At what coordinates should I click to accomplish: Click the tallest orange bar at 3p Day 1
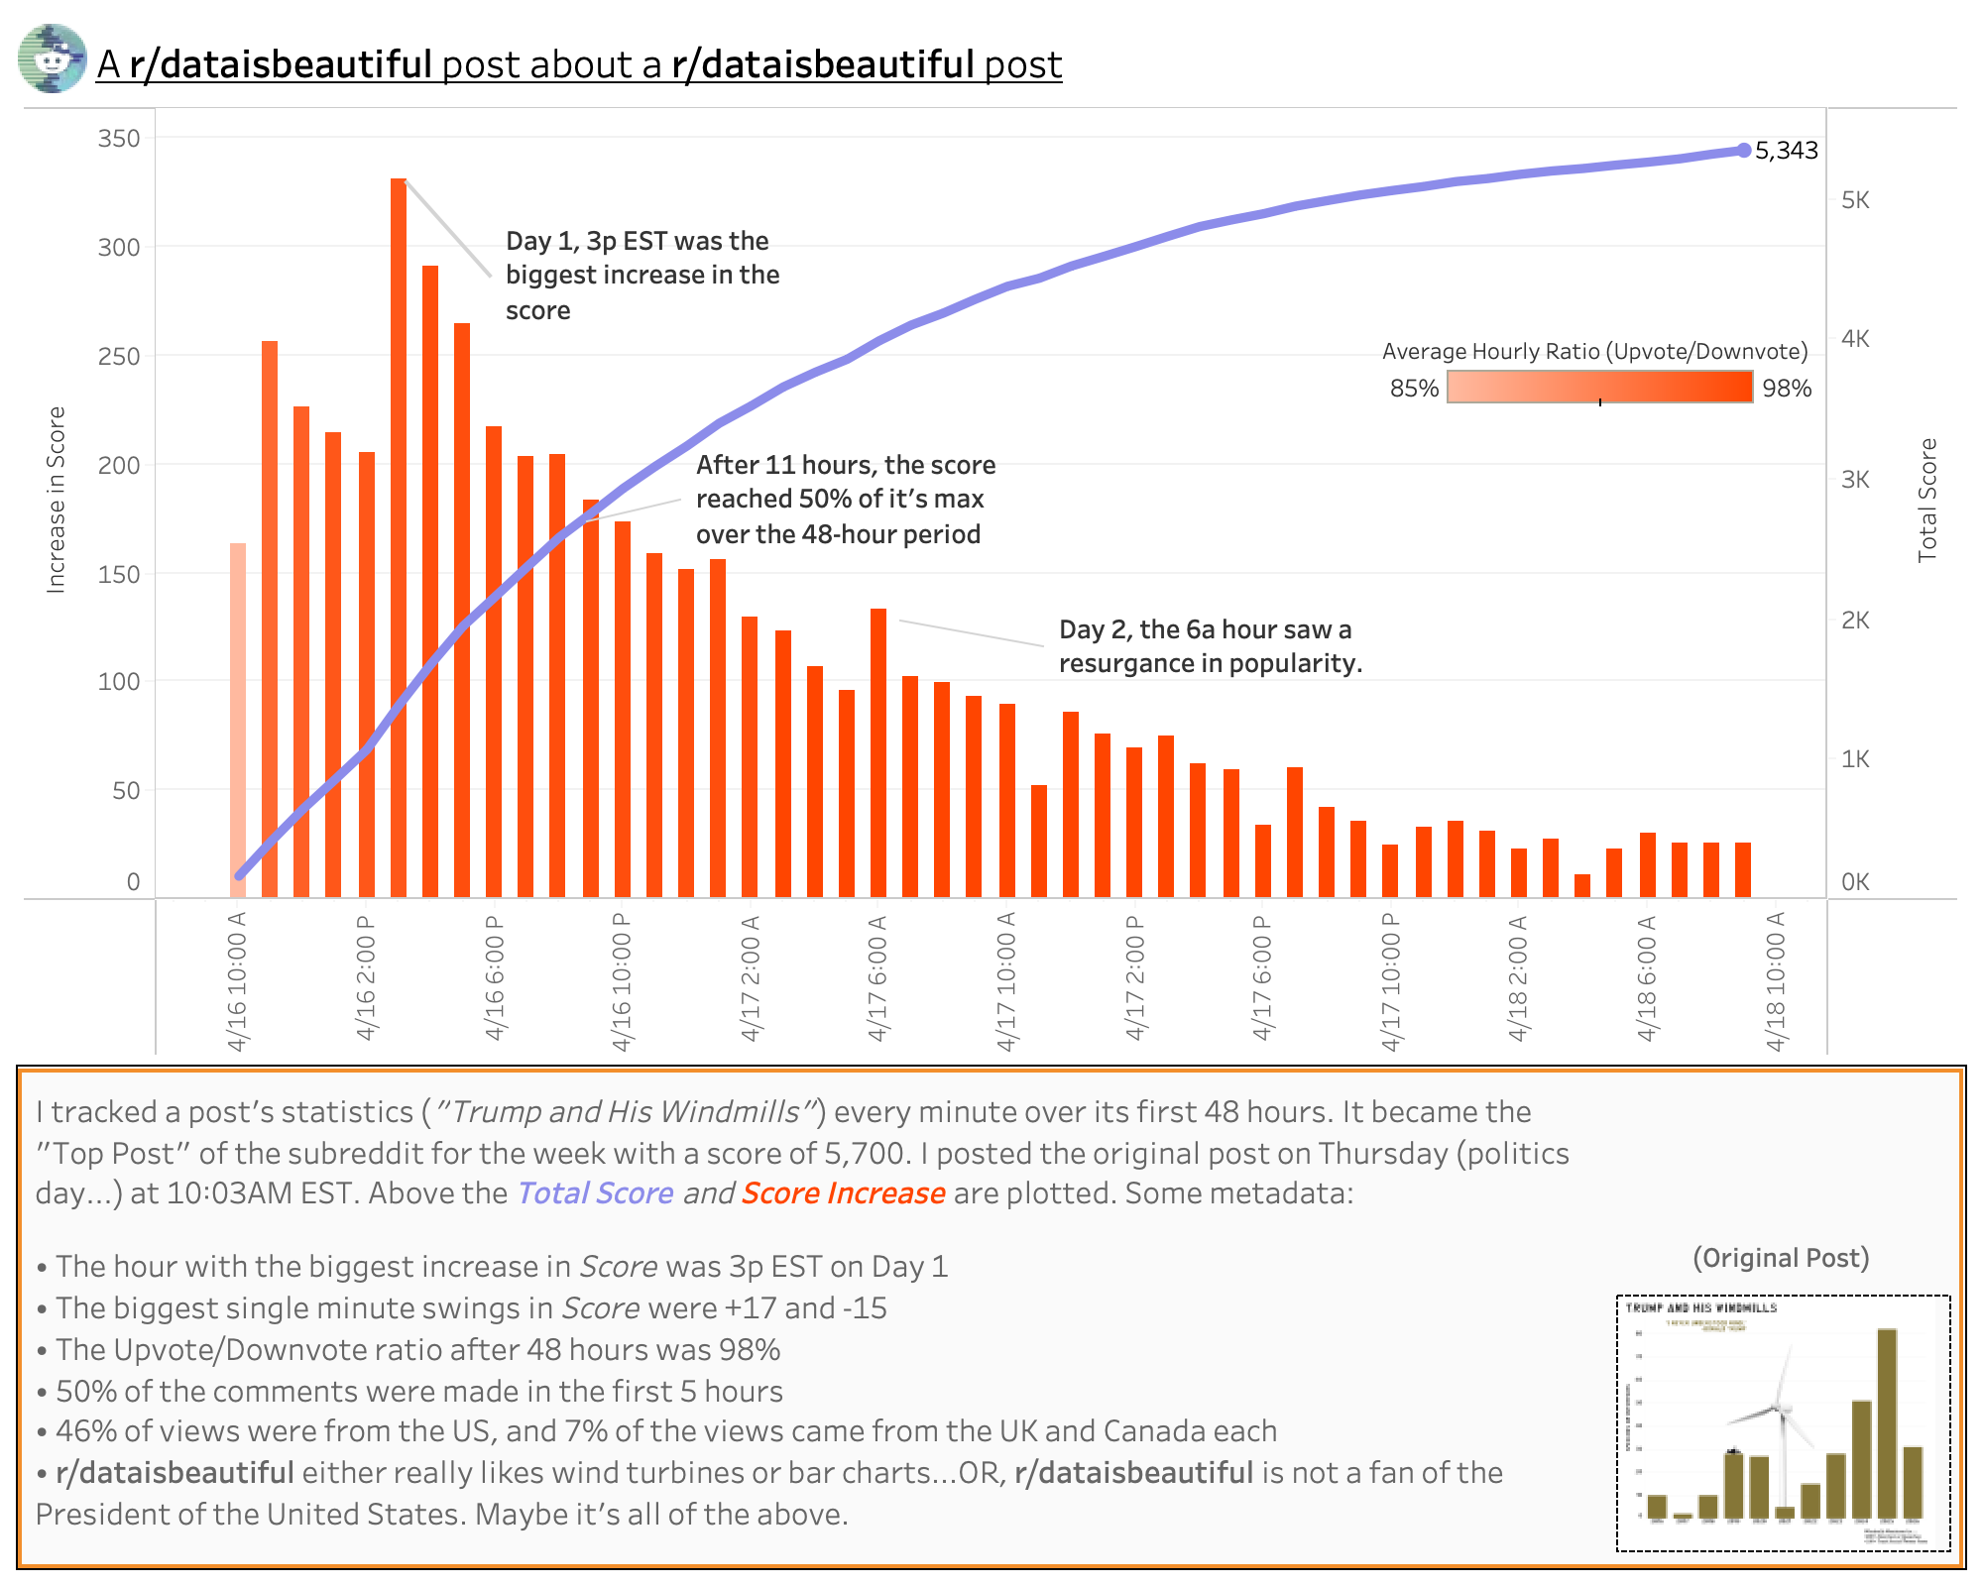tap(399, 535)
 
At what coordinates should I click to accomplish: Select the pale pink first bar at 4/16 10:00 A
tap(238, 719)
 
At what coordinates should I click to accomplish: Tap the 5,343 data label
tap(1786, 151)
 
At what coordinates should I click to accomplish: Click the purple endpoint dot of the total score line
tap(1744, 151)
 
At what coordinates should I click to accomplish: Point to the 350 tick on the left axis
tap(119, 139)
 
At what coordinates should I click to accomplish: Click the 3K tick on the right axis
tap(1855, 480)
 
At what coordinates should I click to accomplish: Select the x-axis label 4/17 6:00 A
tap(877, 977)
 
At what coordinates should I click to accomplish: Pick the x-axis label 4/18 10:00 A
tap(1776, 981)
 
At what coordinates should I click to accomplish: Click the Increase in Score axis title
tap(57, 500)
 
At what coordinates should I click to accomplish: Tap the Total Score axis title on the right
tap(1927, 500)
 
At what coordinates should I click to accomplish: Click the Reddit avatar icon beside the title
tap(53, 59)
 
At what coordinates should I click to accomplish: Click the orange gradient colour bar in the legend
tap(1599, 387)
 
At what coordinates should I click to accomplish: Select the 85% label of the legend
tap(1414, 389)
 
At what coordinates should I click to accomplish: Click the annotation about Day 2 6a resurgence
tap(1210, 646)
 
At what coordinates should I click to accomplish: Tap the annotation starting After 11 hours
tap(845, 500)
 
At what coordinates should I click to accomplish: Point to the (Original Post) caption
tap(1781, 1258)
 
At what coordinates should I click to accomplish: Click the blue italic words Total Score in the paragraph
tap(595, 1192)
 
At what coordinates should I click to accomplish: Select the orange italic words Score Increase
tap(843, 1192)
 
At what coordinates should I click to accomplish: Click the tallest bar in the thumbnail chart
tap(1888, 1422)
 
